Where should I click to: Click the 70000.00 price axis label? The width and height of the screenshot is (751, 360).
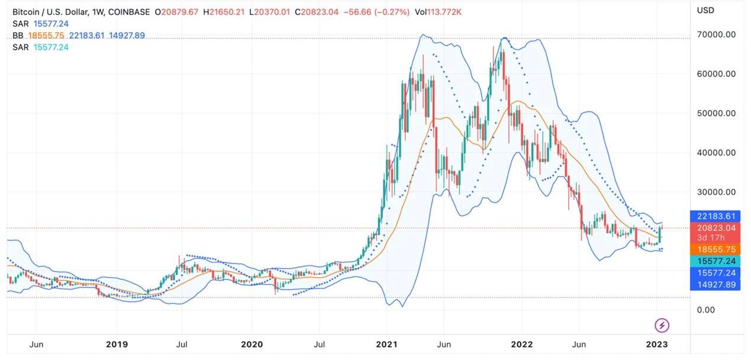(715, 34)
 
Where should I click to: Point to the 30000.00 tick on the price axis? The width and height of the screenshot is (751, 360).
(715, 192)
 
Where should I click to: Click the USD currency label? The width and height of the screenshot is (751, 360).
(705, 10)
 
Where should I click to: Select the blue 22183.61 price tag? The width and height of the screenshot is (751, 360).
(715, 216)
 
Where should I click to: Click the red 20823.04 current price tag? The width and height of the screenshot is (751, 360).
(715, 228)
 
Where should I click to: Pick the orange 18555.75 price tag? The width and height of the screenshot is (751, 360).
(715, 250)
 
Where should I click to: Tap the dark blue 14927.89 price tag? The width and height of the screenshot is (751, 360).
(715, 285)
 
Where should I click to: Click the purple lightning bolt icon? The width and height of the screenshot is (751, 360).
(662, 325)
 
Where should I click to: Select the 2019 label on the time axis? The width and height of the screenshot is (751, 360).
(116, 344)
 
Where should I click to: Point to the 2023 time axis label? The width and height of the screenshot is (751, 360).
(657, 344)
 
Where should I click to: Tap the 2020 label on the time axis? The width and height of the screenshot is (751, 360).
(251, 344)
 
